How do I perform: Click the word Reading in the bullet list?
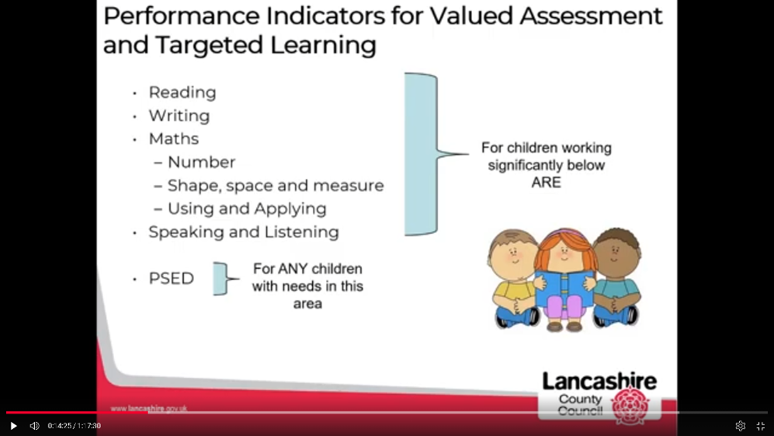click(182, 92)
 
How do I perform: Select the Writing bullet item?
click(179, 116)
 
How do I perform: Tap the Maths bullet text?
click(174, 139)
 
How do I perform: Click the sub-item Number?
click(201, 162)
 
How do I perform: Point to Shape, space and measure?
click(276, 186)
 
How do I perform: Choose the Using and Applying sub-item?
click(247, 208)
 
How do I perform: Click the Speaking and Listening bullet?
click(244, 232)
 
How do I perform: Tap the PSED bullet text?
click(172, 278)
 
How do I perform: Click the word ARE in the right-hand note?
click(546, 183)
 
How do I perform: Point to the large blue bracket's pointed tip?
click(468, 154)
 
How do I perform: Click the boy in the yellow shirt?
click(514, 278)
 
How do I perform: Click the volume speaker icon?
click(34, 426)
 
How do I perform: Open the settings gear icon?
click(740, 426)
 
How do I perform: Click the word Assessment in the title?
click(591, 16)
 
